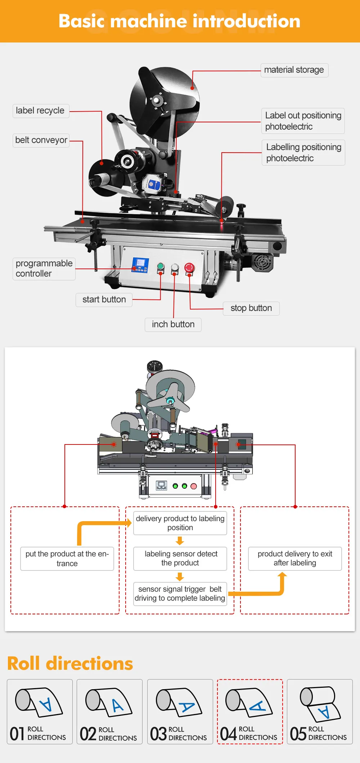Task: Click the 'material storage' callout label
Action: coord(294,70)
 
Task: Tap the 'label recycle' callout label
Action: coord(40,110)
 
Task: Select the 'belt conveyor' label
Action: coord(41,140)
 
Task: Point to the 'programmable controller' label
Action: coord(44,268)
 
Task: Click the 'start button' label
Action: coord(104,299)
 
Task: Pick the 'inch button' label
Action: coord(173,324)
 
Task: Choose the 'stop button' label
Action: coord(251,308)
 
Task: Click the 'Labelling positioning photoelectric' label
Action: coord(303,153)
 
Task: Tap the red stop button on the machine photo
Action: coord(189,267)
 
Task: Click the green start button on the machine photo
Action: coord(161,267)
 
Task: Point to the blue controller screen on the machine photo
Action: coord(140,265)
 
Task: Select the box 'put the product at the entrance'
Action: coord(67,559)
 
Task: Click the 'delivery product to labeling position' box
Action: coord(180,523)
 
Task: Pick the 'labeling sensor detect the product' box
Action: coord(180,558)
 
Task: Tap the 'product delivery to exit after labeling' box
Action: coord(295,558)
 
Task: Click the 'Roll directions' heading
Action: coord(70,663)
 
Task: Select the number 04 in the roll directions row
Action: coord(228,733)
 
